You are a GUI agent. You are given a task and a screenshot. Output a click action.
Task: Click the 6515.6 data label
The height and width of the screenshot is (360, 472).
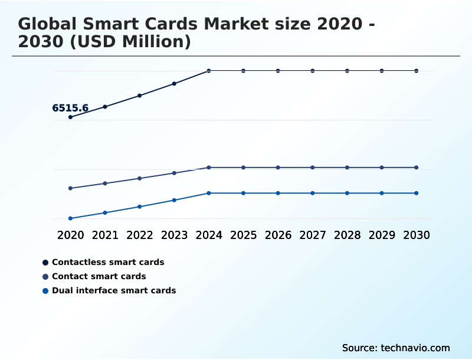[x=70, y=108]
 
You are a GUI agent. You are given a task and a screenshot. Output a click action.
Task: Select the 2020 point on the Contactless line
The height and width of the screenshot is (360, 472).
[x=70, y=117]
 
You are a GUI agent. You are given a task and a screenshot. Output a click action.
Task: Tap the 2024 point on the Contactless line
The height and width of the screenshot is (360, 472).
[x=209, y=71]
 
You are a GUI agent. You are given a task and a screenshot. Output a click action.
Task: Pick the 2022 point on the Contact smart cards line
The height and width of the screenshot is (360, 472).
[x=140, y=178]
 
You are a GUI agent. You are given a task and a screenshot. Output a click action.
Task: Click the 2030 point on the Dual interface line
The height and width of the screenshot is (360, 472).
[x=417, y=193]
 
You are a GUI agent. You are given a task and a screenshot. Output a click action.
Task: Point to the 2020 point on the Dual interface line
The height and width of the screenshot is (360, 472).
[x=70, y=218]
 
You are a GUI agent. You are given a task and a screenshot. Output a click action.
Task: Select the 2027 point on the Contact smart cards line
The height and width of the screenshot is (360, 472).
[x=313, y=168]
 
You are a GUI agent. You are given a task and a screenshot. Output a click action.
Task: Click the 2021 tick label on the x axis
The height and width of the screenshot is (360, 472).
[x=105, y=235]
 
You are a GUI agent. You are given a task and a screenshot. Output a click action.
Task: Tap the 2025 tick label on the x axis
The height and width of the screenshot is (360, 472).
[x=243, y=235]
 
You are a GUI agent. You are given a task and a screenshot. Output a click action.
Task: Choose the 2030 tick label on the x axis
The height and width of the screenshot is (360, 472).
[x=417, y=235]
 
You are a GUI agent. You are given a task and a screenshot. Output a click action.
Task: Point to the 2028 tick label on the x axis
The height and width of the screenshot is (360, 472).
[x=347, y=235]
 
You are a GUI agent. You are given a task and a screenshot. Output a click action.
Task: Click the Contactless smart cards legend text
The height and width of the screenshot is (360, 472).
[x=108, y=262]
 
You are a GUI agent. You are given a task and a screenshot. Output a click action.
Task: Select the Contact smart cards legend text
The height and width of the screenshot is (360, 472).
[x=99, y=276]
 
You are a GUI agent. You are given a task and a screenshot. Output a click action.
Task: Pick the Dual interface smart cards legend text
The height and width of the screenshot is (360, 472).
[x=114, y=290]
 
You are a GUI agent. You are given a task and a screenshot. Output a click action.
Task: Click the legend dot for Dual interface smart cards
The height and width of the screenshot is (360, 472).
[x=45, y=290]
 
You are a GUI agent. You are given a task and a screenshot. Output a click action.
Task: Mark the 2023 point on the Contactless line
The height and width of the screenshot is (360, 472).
[x=174, y=84]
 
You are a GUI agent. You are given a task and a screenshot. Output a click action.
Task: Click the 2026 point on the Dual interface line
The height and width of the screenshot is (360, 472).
[x=278, y=193]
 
